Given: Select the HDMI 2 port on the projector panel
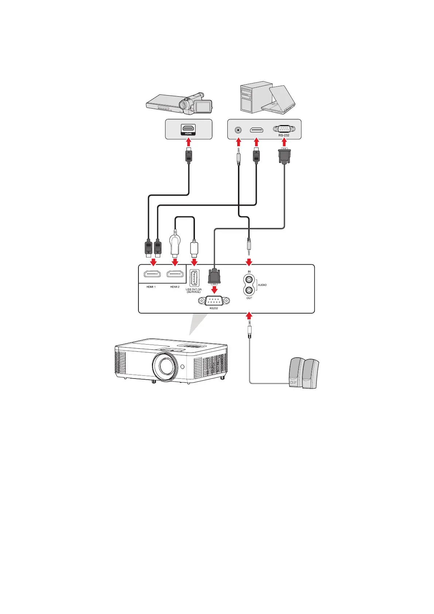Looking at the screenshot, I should click(x=175, y=275).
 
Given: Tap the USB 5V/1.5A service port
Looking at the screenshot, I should click(x=194, y=278).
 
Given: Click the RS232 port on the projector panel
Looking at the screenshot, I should click(x=214, y=301).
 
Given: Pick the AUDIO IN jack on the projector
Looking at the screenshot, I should click(x=249, y=280).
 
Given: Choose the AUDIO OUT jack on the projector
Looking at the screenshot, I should click(x=249, y=290).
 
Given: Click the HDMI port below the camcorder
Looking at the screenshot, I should click(x=188, y=128).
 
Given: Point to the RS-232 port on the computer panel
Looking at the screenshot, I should click(x=284, y=129).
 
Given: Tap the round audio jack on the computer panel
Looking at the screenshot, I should click(x=238, y=129).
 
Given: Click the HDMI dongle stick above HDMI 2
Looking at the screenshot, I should click(x=175, y=245).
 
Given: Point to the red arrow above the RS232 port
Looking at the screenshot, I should click(x=214, y=289).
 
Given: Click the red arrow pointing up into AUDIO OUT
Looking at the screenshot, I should click(x=249, y=316).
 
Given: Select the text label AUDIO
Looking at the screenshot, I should click(x=262, y=285).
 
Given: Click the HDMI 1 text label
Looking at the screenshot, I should click(x=151, y=287).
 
